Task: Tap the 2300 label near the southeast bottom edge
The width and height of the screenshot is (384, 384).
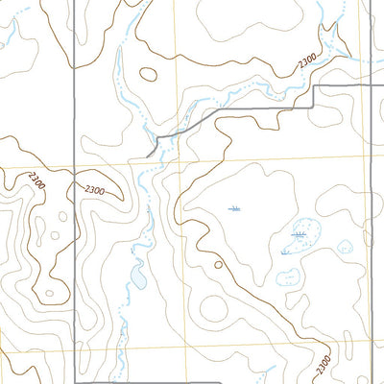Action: click(x=323, y=364)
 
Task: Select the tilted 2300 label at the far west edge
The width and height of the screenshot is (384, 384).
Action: click(x=36, y=180)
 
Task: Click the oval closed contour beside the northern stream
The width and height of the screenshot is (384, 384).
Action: click(x=149, y=73)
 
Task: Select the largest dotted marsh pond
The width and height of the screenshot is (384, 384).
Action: click(x=304, y=234)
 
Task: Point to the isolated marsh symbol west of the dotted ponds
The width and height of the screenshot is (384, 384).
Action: click(x=234, y=208)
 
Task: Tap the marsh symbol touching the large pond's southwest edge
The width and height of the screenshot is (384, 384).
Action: click(x=285, y=252)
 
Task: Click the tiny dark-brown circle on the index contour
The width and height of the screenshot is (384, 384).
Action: click(x=218, y=265)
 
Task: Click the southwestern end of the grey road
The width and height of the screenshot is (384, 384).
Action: click(x=146, y=155)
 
